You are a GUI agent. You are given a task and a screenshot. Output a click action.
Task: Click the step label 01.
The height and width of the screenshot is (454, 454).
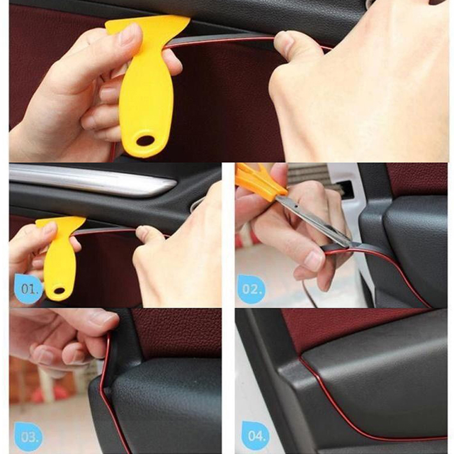[30, 289]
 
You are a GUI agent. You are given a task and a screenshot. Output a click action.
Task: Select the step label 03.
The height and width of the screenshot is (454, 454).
[28, 437]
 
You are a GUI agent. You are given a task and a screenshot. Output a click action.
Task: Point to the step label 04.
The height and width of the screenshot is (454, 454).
[256, 435]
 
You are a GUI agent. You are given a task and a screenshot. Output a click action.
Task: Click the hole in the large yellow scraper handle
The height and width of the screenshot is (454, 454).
[145, 141]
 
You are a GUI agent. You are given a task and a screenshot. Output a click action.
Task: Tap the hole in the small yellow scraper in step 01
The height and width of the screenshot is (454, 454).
[60, 291]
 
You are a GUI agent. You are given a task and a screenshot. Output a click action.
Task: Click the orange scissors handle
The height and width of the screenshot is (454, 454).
[259, 182]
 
